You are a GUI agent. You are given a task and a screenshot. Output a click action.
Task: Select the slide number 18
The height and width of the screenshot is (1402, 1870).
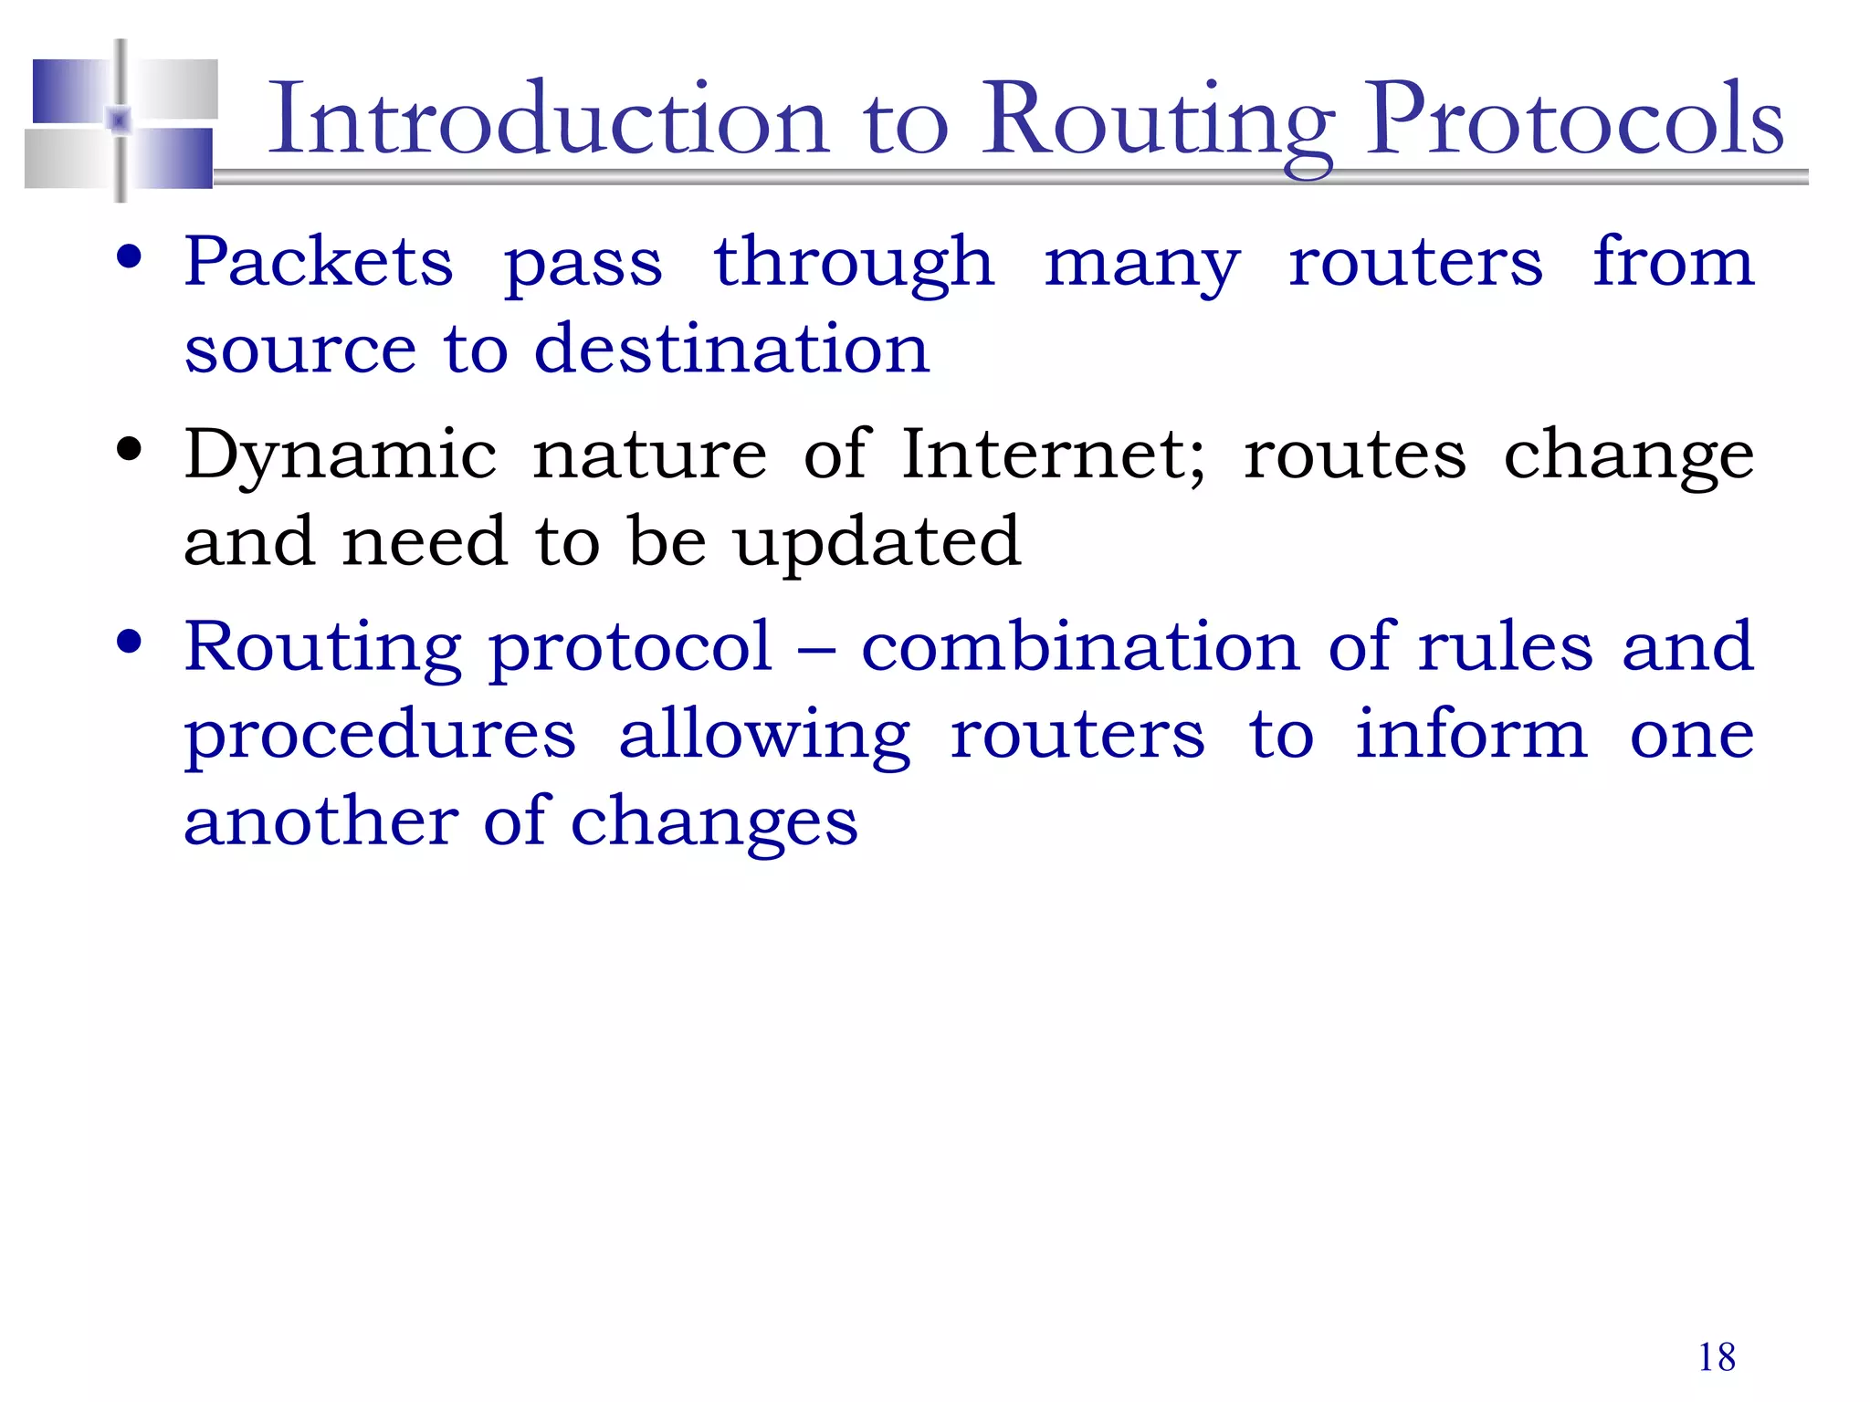point(1717,1357)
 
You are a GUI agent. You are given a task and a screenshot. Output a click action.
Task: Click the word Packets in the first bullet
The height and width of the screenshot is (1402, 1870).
point(319,262)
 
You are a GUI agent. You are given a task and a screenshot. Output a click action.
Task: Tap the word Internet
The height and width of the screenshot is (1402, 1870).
point(1053,454)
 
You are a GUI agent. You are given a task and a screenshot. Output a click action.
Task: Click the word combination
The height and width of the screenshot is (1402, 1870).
point(1080,646)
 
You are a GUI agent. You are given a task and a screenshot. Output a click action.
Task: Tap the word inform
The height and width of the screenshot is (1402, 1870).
point(1471,734)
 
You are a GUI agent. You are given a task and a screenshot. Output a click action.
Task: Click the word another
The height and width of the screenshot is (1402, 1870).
point(321,821)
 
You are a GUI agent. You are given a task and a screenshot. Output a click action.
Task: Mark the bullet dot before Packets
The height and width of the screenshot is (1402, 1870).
point(130,256)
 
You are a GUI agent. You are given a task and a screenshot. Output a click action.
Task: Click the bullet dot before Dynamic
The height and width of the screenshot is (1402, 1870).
point(130,450)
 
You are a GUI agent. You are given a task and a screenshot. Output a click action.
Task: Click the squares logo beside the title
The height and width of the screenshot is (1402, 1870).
point(121,120)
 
